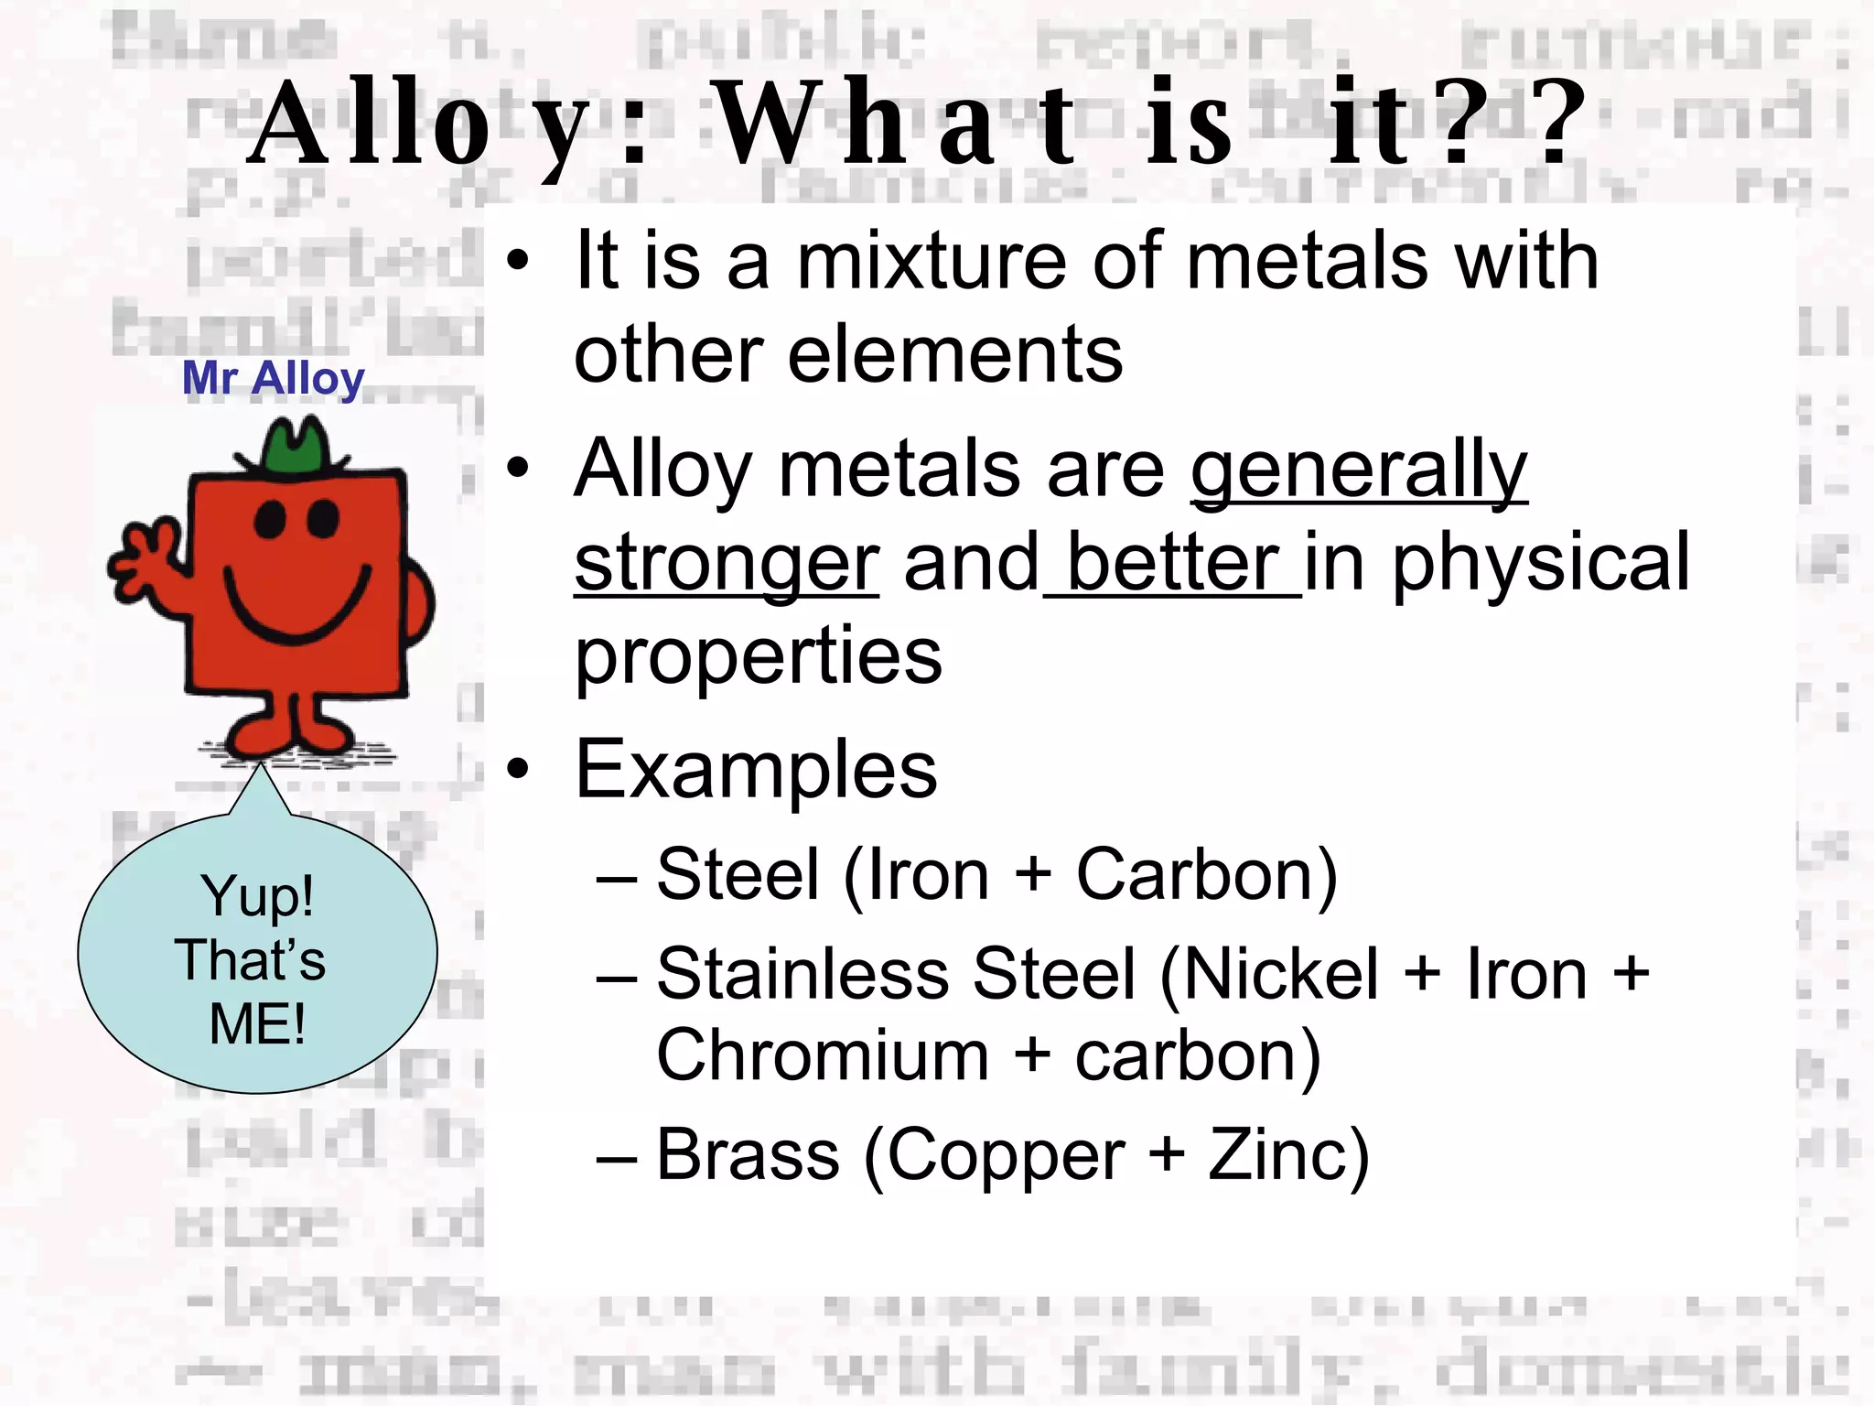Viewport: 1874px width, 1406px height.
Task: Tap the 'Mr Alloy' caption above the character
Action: tap(273, 378)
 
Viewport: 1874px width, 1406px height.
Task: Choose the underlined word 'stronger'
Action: tap(727, 564)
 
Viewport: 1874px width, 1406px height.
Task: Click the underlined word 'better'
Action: tap(1174, 564)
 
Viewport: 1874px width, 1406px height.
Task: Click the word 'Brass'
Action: tap(748, 1155)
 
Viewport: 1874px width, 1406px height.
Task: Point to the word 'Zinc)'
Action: tap(1288, 1155)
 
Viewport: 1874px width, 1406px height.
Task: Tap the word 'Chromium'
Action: tap(823, 1055)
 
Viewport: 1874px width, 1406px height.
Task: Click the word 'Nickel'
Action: tap(1270, 974)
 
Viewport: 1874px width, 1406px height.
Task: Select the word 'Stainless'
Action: tap(803, 974)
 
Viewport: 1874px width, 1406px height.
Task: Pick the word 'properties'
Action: tap(758, 656)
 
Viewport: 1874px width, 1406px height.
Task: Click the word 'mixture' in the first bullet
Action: tap(932, 263)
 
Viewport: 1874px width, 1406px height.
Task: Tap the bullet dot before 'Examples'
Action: tap(519, 769)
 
